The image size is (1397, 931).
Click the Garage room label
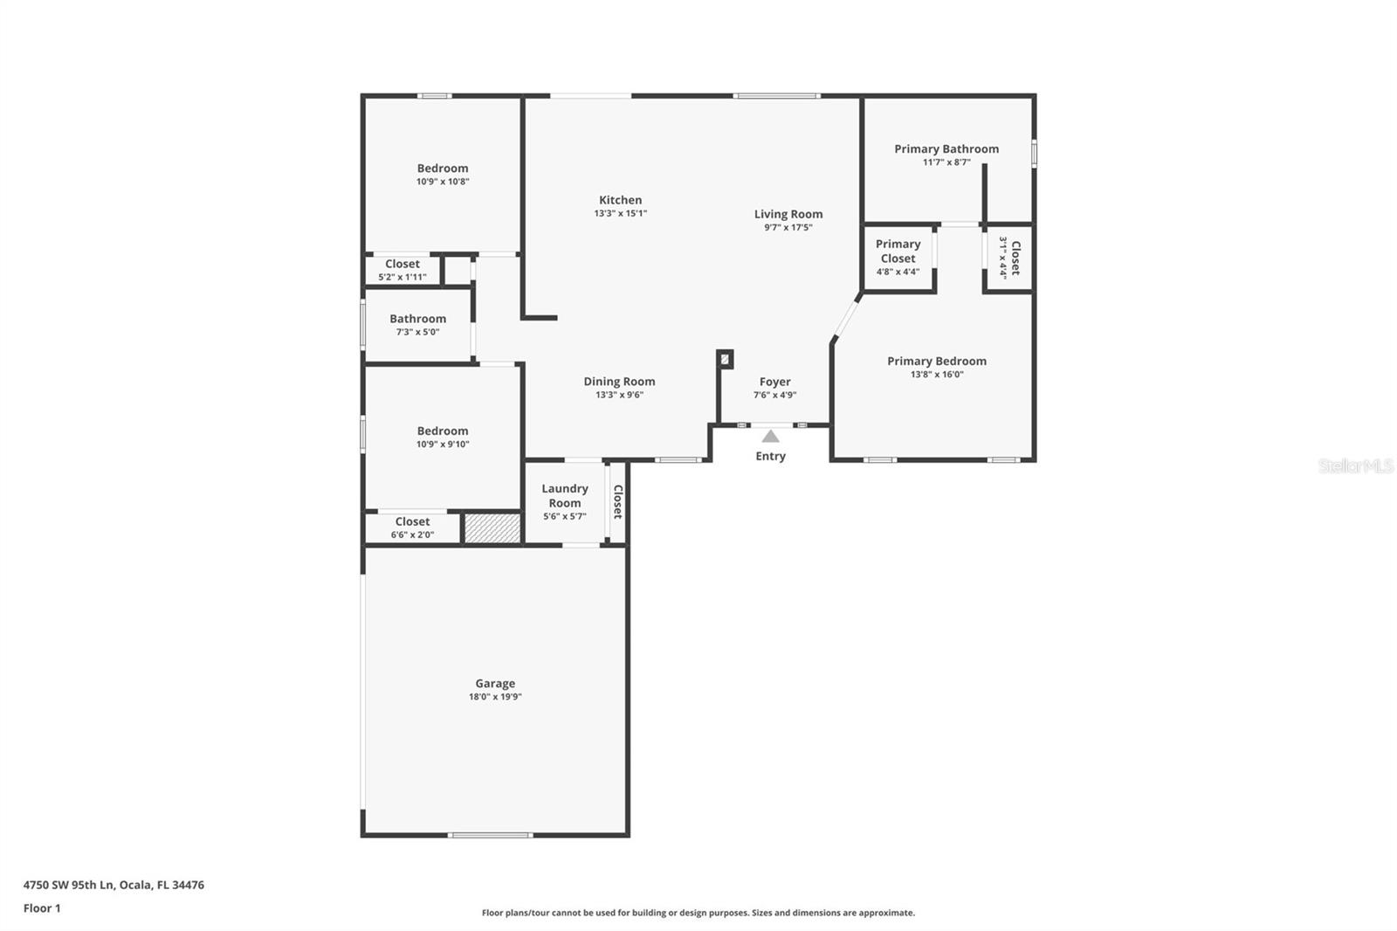[495, 683]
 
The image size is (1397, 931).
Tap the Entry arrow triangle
[770, 437]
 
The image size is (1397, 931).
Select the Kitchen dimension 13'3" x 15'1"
[620, 213]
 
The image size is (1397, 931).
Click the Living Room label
[788, 214]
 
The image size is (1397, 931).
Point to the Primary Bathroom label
[946, 149]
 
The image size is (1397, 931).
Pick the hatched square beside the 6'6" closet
[492, 528]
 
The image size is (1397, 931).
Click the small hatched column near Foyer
[725, 359]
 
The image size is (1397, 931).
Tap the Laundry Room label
[565, 496]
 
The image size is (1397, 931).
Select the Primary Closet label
[898, 252]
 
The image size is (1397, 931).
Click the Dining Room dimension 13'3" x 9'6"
[619, 395]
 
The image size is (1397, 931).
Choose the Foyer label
[774, 382]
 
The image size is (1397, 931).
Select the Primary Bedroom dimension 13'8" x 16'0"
[937, 375]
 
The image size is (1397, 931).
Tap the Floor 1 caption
[42, 908]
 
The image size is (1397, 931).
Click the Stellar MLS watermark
[1355, 466]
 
